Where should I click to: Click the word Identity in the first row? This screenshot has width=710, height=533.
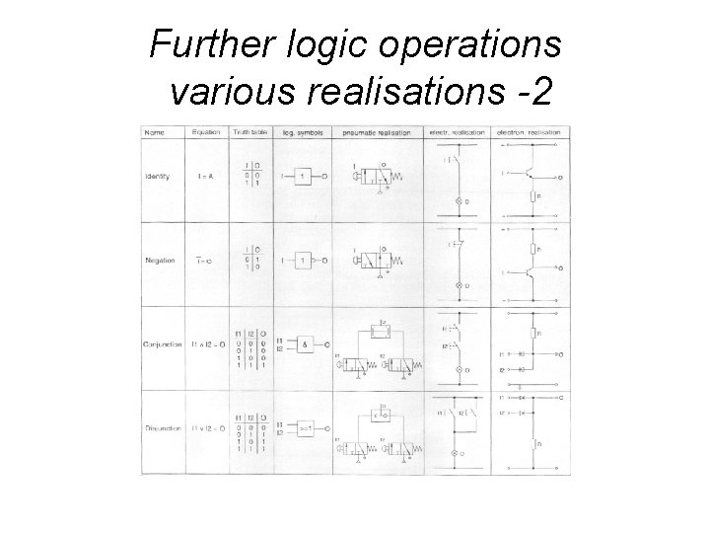click(x=157, y=177)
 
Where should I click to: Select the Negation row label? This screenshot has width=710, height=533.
click(x=158, y=261)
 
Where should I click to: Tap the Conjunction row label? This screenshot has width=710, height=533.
click(x=160, y=344)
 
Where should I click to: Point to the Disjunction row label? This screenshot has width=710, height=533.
click(x=160, y=429)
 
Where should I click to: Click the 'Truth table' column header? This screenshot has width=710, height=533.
click(x=249, y=132)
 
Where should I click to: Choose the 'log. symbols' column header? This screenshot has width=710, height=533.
click(x=303, y=132)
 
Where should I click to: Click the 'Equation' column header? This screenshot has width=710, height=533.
click(x=206, y=132)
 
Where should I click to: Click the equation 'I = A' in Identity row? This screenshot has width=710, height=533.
click(x=206, y=177)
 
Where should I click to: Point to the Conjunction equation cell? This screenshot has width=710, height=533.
click(x=206, y=344)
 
